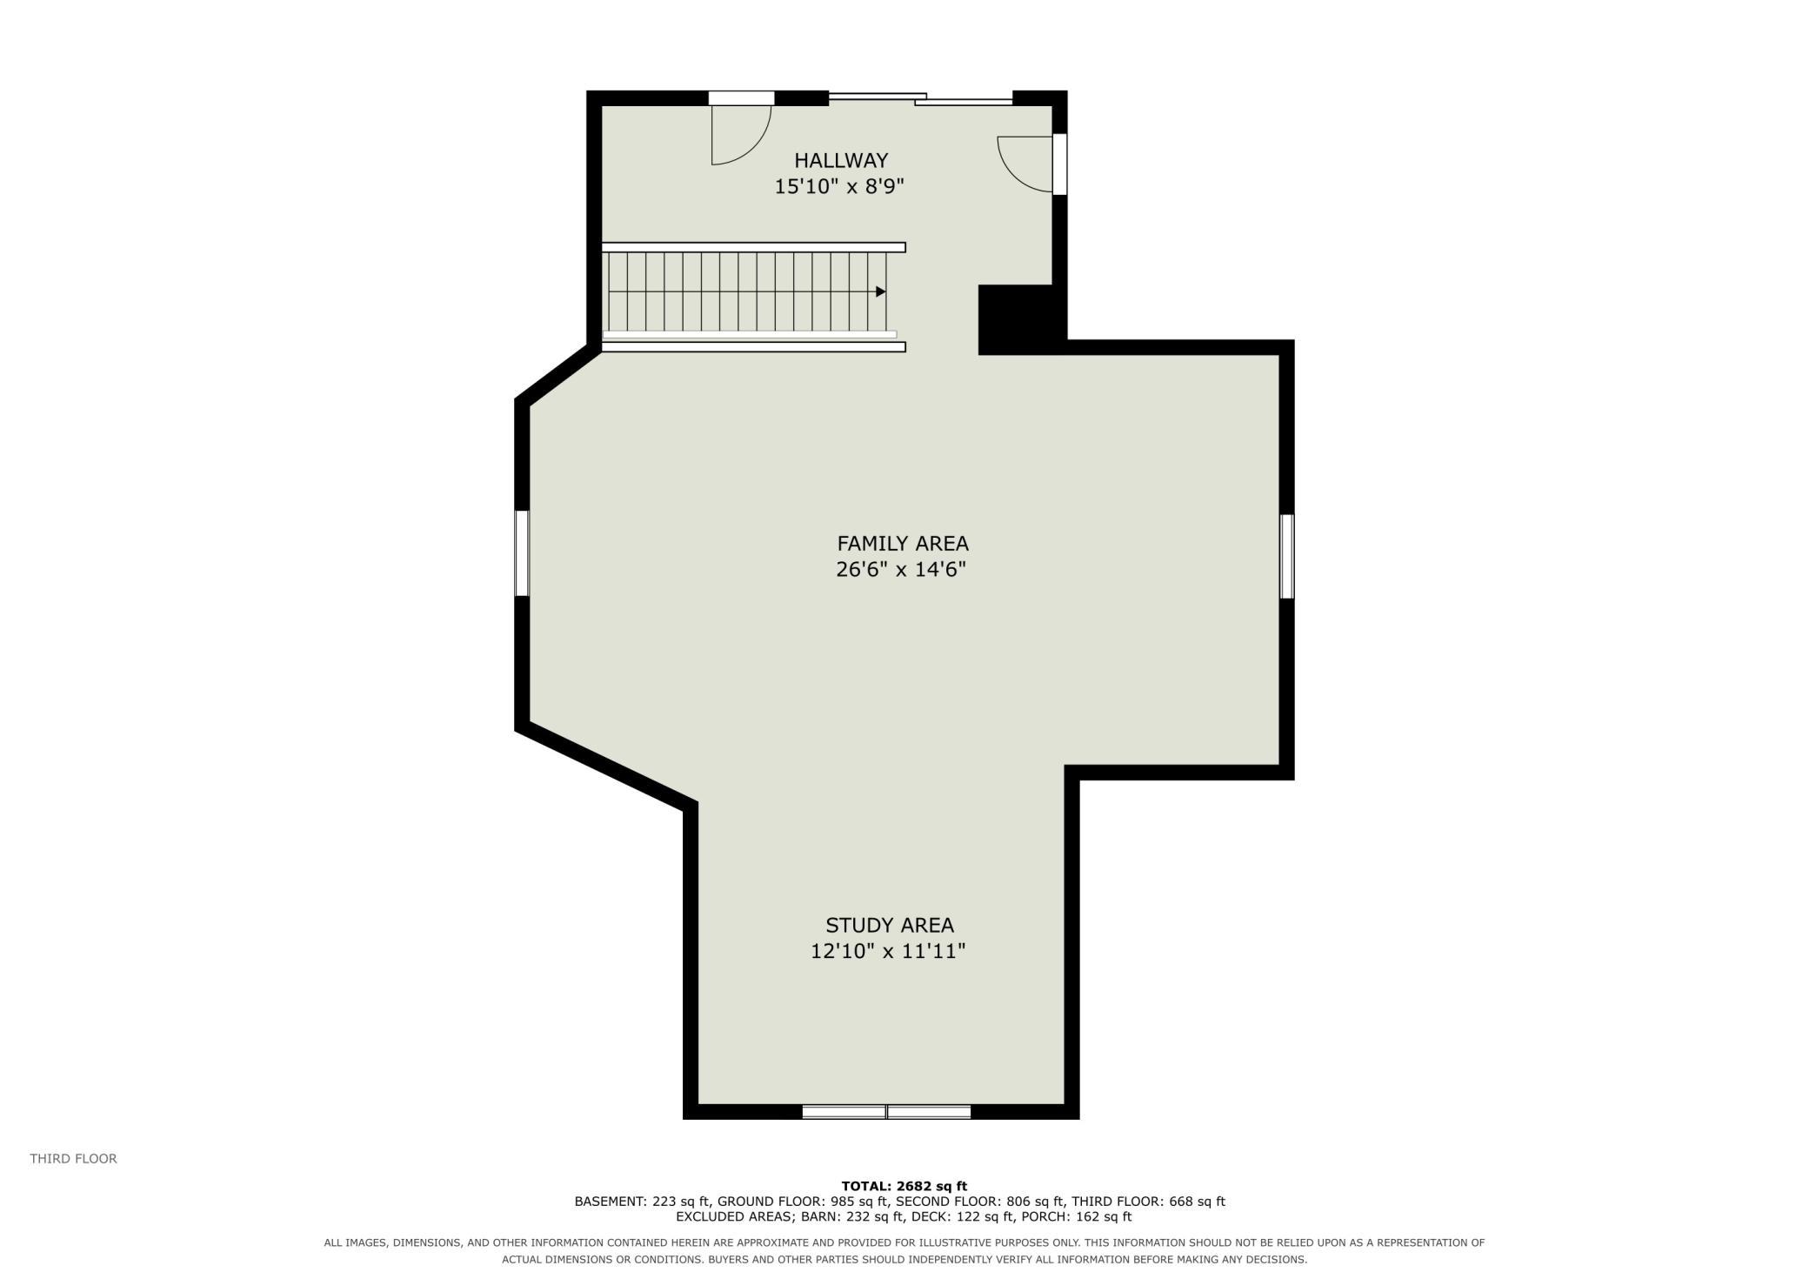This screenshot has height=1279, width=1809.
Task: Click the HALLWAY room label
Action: [x=841, y=161]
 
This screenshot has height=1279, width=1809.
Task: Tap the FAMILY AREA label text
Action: [x=903, y=544]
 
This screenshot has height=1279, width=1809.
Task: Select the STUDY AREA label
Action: [x=890, y=926]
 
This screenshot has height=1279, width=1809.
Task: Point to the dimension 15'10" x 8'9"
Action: [x=840, y=186]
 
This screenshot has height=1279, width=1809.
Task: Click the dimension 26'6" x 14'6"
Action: [x=901, y=570]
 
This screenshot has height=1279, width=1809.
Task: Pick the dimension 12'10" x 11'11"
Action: [x=888, y=952]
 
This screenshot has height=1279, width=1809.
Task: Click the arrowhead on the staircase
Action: [x=880, y=291]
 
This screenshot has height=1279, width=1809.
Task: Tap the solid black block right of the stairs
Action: [x=1016, y=319]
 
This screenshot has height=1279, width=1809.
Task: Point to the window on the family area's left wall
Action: [x=522, y=553]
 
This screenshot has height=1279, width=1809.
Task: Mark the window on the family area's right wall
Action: [x=1287, y=557]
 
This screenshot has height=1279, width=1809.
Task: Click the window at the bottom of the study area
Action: [x=886, y=1112]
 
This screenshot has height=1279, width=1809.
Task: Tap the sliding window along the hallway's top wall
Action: [x=920, y=98]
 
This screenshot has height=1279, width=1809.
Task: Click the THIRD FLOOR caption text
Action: [x=73, y=1159]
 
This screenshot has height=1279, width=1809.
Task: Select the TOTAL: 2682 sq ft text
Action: [x=904, y=1186]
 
